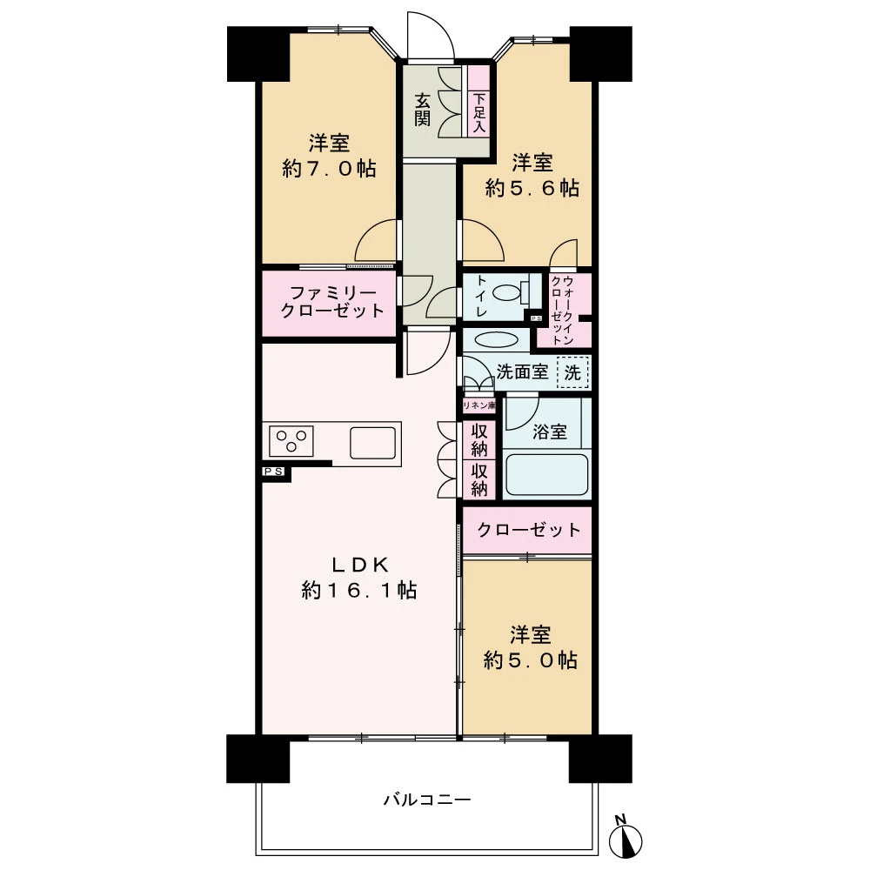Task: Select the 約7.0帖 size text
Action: point(329,168)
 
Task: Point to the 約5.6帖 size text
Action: point(532,188)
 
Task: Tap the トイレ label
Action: point(480,297)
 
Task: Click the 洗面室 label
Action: point(522,371)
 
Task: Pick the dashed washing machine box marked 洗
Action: point(572,371)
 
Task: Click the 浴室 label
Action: point(549,432)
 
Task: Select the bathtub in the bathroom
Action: point(546,474)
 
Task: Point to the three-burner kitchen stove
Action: point(291,440)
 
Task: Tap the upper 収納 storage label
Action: point(479,439)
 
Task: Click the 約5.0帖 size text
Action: point(530,660)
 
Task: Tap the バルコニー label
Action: point(426,799)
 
